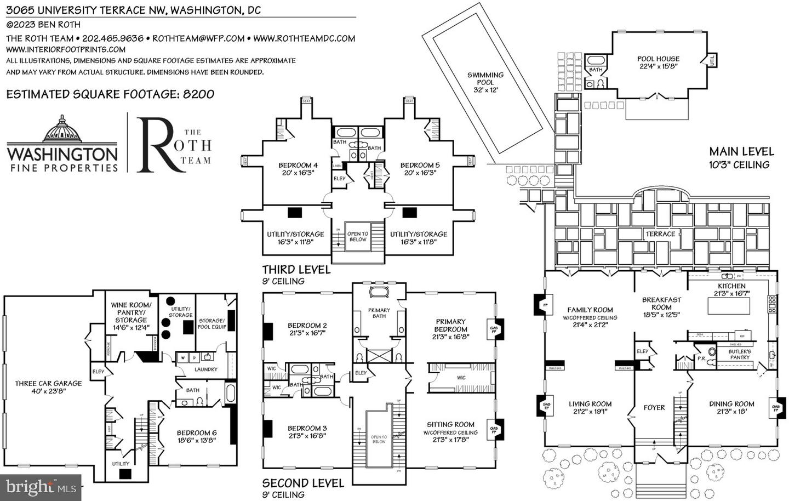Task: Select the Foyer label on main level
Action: point(654,407)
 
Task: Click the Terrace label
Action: point(660,234)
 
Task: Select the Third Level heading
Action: point(296,270)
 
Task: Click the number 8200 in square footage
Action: point(198,94)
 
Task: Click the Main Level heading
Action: point(741,151)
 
